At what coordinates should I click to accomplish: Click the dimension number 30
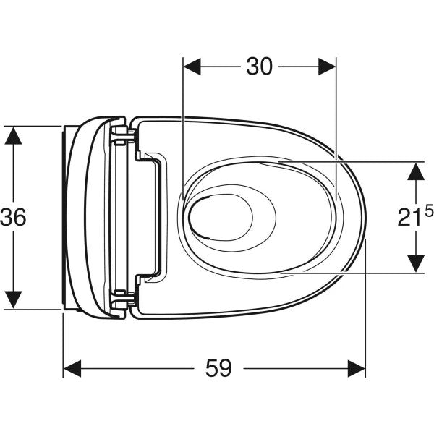[259, 67]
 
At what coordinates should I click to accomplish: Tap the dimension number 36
[14, 217]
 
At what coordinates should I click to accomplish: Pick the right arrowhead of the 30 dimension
[329, 67]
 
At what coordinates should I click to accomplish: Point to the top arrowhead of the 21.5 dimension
[415, 171]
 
